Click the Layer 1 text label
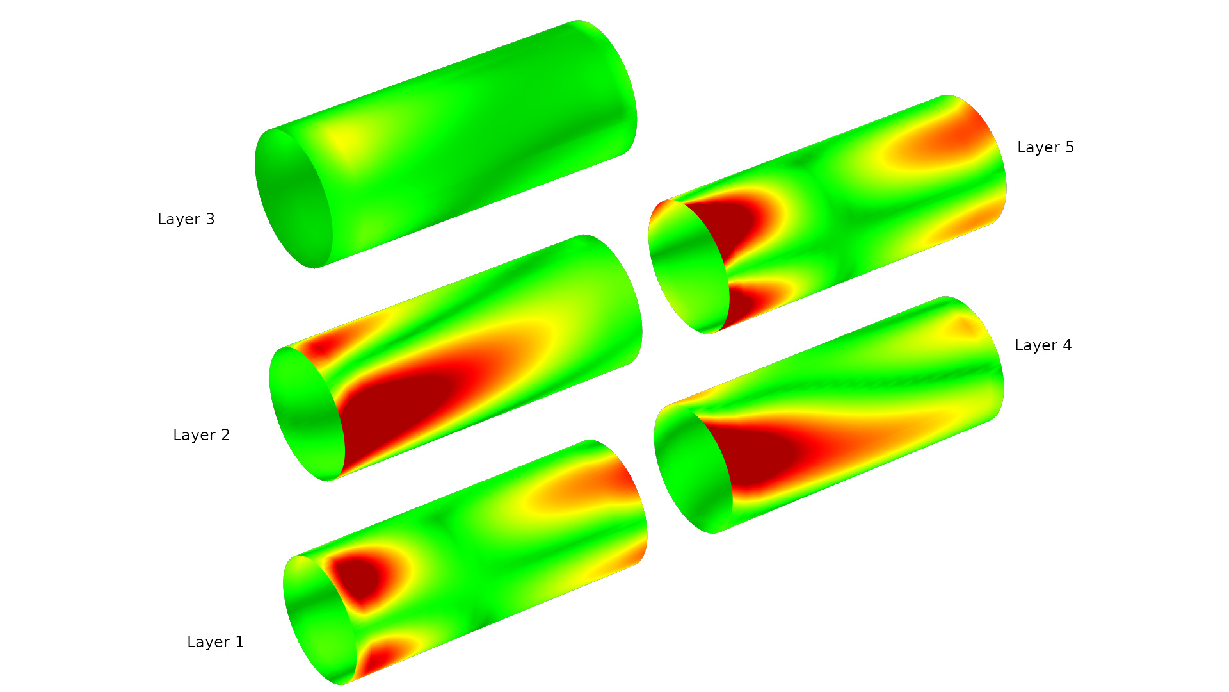coord(215,642)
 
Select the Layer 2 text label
coord(201,435)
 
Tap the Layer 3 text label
coord(186,219)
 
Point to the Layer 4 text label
coord(1043,345)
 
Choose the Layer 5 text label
coord(1045,147)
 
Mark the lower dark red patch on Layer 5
coord(743,301)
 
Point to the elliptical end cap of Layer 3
coord(293,199)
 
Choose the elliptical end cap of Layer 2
coord(307,414)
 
